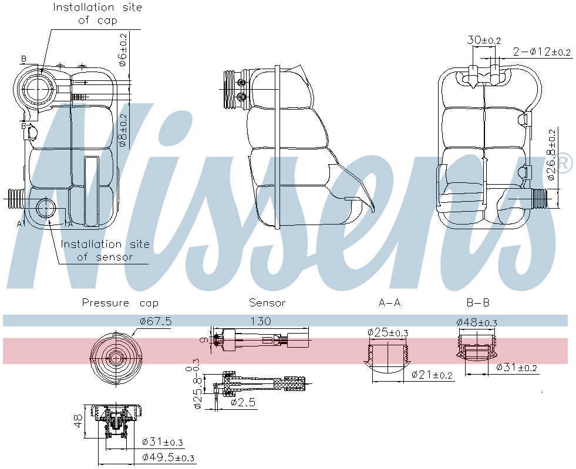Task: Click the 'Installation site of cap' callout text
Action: click(x=97, y=14)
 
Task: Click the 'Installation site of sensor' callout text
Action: click(x=105, y=250)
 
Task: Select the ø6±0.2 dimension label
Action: click(x=123, y=50)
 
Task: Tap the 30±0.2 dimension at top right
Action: click(x=484, y=40)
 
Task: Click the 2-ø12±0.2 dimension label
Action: click(x=541, y=52)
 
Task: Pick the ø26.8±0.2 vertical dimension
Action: click(x=551, y=154)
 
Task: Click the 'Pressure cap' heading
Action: click(x=120, y=303)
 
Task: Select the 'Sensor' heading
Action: click(x=267, y=303)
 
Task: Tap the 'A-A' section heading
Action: click(x=389, y=303)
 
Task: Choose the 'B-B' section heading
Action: click(x=477, y=303)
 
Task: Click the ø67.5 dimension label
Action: click(x=156, y=321)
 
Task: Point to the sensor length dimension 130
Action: click(x=260, y=321)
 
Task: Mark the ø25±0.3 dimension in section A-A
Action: click(x=388, y=332)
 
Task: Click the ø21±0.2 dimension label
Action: click(x=432, y=375)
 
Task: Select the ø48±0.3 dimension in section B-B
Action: click(x=477, y=322)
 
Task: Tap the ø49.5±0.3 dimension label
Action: click(x=169, y=457)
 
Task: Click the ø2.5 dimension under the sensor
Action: click(x=242, y=402)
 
